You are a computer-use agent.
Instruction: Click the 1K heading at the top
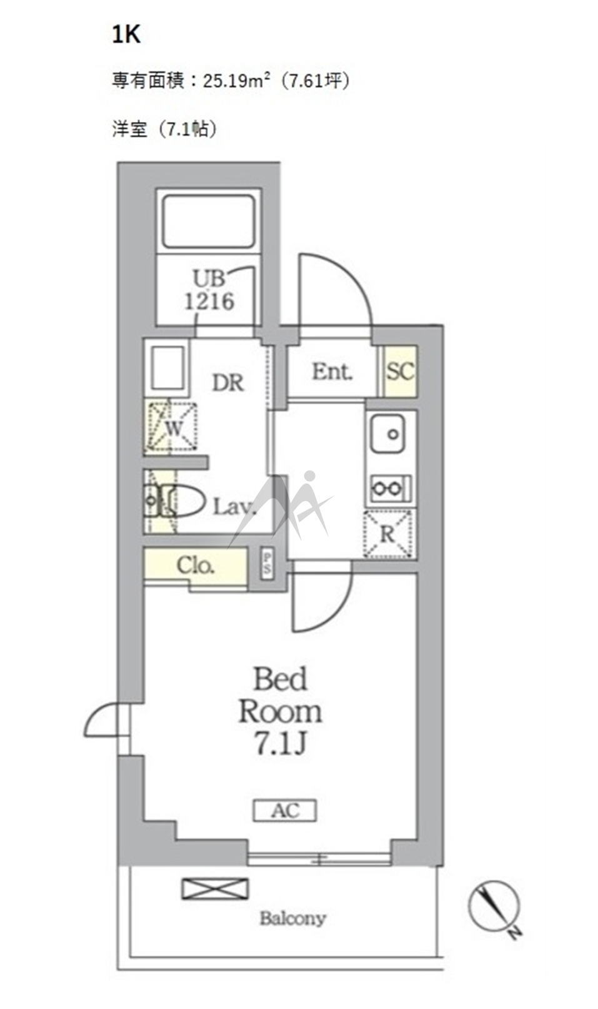tap(126, 34)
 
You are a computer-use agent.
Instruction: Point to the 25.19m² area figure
tap(237, 81)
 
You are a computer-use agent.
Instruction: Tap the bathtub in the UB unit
tap(208, 221)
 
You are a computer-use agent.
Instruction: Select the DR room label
tap(228, 383)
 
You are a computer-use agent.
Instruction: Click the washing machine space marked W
tap(171, 427)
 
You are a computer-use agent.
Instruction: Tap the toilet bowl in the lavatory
tap(182, 500)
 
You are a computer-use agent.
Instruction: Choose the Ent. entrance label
tap(332, 372)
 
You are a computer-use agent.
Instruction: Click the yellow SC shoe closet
tap(401, 371)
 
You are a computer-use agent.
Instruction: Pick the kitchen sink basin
tap(387, 434)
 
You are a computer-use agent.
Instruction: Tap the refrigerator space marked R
tap(388, 534)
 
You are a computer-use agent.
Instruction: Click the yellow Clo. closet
tap(196, 565)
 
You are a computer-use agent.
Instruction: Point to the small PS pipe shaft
tap(267, 562)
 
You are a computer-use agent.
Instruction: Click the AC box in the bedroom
tap(285, 811)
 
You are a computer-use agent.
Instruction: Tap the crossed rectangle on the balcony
tap(215, 889)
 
